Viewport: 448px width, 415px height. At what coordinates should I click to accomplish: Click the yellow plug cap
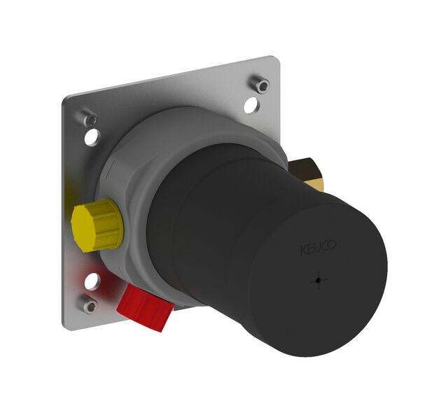coord(97,225)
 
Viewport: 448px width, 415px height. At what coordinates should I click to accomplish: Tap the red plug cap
coord(145,308)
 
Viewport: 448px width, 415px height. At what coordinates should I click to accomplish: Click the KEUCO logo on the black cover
coord(318,247)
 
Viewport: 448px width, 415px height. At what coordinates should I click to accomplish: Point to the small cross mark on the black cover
coord(318,281)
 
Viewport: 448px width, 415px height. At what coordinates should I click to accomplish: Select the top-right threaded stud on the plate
coord(260,83)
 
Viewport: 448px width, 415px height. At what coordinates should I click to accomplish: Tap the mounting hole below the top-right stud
coord(251,105)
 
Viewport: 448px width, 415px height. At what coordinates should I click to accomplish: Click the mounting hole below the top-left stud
coord(92,137)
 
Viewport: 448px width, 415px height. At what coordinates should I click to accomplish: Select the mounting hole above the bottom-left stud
coord(92,281)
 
